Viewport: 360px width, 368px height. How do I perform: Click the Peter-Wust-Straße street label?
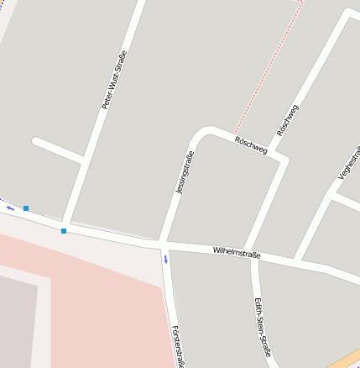115,81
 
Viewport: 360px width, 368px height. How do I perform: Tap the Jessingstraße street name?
185,172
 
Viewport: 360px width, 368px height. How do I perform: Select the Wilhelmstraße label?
237,252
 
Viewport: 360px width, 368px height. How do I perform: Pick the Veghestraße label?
348,161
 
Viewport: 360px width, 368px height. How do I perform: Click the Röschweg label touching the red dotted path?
251,145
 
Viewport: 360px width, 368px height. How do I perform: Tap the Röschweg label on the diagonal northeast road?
288,120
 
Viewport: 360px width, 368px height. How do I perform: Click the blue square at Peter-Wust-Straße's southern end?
64,231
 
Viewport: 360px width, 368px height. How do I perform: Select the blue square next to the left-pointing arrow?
26,208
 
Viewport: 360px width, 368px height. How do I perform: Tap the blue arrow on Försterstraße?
166,259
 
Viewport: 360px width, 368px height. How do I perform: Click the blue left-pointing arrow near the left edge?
10,208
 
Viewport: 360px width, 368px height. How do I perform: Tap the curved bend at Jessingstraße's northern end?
201,132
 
